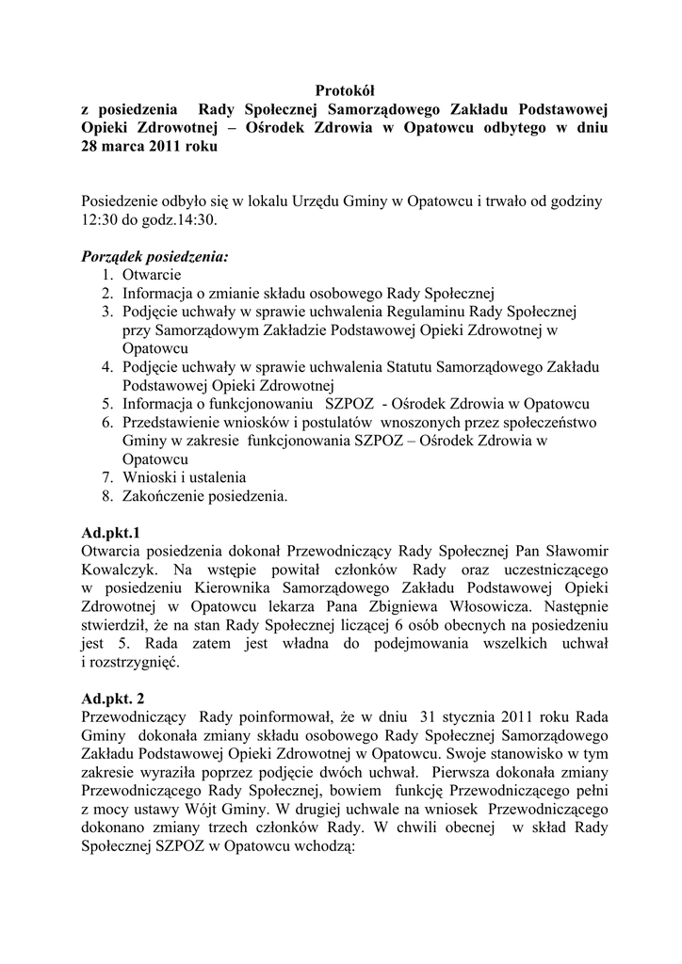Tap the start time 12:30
[99, 219]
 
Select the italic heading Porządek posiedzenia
[154, 256]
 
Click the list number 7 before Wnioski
[106, 476]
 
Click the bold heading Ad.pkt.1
[110, 532]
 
